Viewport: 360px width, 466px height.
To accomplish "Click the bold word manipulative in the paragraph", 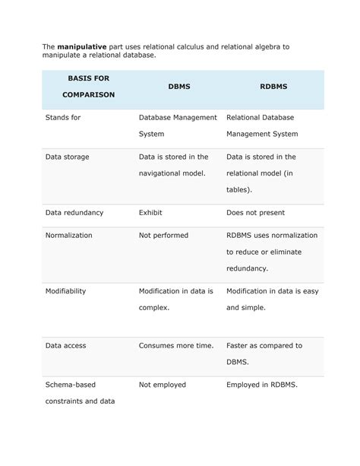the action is click(83, 46).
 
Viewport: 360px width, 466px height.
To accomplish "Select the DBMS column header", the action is click(179, 87).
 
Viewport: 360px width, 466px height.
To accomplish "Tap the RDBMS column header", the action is click(273, 87).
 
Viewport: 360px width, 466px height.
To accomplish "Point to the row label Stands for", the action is click(63, 118).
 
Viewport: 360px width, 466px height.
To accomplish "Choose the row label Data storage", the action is click(67, 157).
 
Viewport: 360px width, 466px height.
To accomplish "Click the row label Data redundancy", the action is click(74, 213).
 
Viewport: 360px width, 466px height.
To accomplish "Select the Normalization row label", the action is click(69, 236).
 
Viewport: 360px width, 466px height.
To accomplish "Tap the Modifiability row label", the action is click(65, 291).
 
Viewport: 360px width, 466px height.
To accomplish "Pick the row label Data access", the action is click(66, 346).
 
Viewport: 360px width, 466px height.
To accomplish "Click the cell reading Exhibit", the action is click(150, 213).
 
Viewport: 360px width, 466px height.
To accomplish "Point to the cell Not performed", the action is click(163, 236).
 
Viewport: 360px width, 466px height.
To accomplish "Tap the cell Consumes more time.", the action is click(176, 346).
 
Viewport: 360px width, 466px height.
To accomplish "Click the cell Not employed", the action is click(163, 385).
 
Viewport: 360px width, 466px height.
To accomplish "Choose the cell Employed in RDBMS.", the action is click(262, 385).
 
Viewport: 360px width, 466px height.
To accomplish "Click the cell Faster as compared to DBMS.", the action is click(264, 353).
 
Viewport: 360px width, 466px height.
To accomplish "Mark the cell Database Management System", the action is click(178, 125).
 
